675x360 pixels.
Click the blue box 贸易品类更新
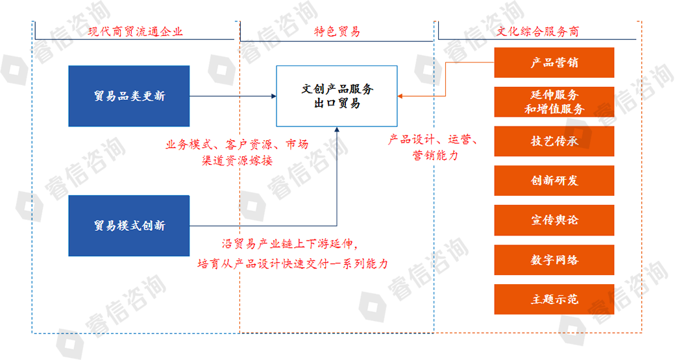tap(129, 96)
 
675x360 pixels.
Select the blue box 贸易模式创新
tap(129, 226)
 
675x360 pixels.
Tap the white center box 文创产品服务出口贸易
tap(337, 96)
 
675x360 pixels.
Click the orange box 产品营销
tap(554, 63)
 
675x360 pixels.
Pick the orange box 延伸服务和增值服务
tap(554, 102)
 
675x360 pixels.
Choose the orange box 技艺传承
tap(554, 141)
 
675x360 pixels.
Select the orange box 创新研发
tap(554, 180)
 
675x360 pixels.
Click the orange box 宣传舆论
tap(554, 220)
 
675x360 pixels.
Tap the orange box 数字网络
tap(554, 260)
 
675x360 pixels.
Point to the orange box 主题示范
tap(554, 300)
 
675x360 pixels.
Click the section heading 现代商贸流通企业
tap(135, 31)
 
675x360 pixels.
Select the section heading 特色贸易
tap(337, 31)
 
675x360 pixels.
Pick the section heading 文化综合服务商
tap(537, 31)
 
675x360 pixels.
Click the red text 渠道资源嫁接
tap(237, 161)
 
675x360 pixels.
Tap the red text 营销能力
tap(436, 155)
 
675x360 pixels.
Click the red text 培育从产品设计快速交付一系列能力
tap(293, 263)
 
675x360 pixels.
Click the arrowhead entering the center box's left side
tap(274, 96)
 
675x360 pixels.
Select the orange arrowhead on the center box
tap(400, 96)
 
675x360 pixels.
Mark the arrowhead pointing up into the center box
tap(337, 130)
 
